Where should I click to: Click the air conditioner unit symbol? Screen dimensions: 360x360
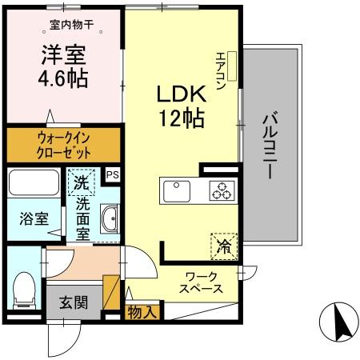232,67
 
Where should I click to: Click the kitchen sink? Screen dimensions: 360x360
177,192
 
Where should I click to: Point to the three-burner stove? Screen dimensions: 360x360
220,191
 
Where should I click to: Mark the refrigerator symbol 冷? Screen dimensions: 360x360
224,245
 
